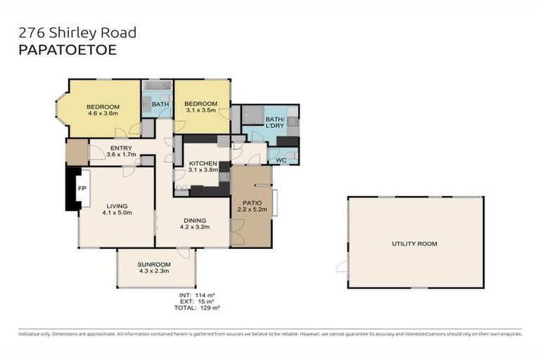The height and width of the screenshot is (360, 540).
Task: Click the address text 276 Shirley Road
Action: [77, 32]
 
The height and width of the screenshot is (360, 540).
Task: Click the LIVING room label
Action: [117, 206]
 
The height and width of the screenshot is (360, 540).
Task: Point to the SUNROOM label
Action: [155, 264]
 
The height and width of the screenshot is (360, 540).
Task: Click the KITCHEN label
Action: [202, 163]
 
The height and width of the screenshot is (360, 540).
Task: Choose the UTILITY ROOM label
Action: [414, 244]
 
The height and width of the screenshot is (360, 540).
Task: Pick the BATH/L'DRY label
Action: [275, 124]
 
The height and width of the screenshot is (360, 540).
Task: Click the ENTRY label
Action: [120, 148]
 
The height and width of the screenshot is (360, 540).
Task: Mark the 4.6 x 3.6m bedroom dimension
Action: [103, 114]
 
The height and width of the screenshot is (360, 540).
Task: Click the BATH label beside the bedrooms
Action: [160, 105]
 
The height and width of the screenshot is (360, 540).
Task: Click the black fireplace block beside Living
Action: [71, 188]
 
